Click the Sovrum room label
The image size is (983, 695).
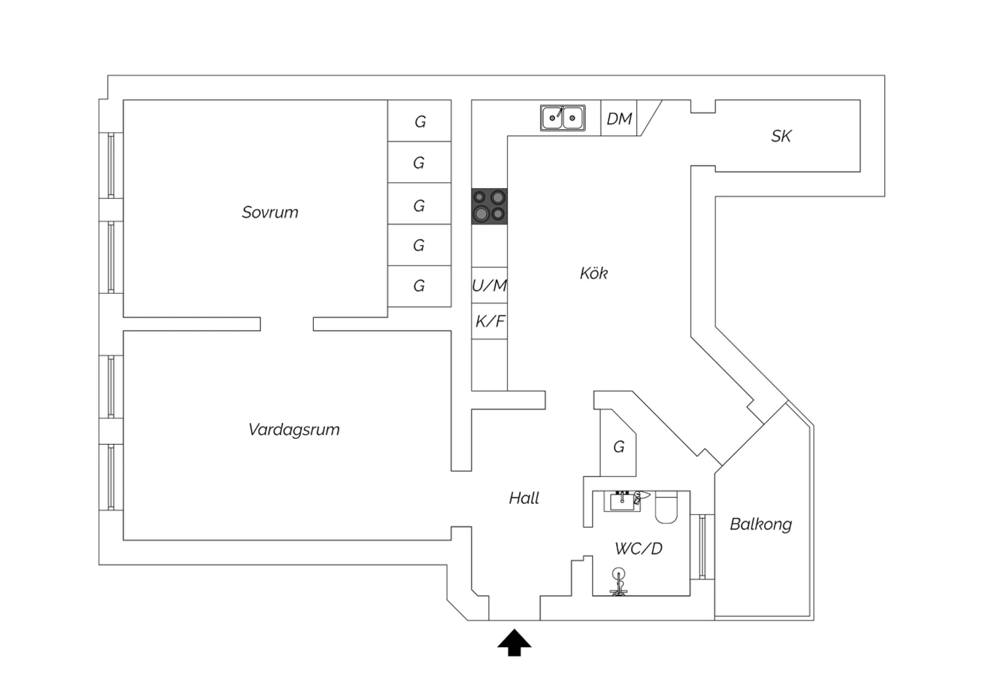(270, 212)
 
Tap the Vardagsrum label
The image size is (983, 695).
(294, 430)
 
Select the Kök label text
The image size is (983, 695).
(594, 273)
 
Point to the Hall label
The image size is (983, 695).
(524, 498)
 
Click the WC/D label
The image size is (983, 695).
(638, 549)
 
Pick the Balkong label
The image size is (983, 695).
(761, 525)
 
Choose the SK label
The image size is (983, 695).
(781, 136)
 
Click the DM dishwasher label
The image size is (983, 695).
(619, 119)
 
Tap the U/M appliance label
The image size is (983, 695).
(490, 286)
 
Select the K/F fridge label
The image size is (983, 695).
(490, 322)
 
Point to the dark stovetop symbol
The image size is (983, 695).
(490, 206)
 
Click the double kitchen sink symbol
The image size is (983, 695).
(563, 118)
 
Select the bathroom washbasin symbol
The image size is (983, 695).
(621, 502)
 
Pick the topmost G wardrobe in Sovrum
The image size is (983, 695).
(419, 121)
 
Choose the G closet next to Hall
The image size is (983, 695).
(618, 447)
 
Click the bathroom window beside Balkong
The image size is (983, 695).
(702, 546)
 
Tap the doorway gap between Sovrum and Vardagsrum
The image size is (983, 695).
(286, 324)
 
